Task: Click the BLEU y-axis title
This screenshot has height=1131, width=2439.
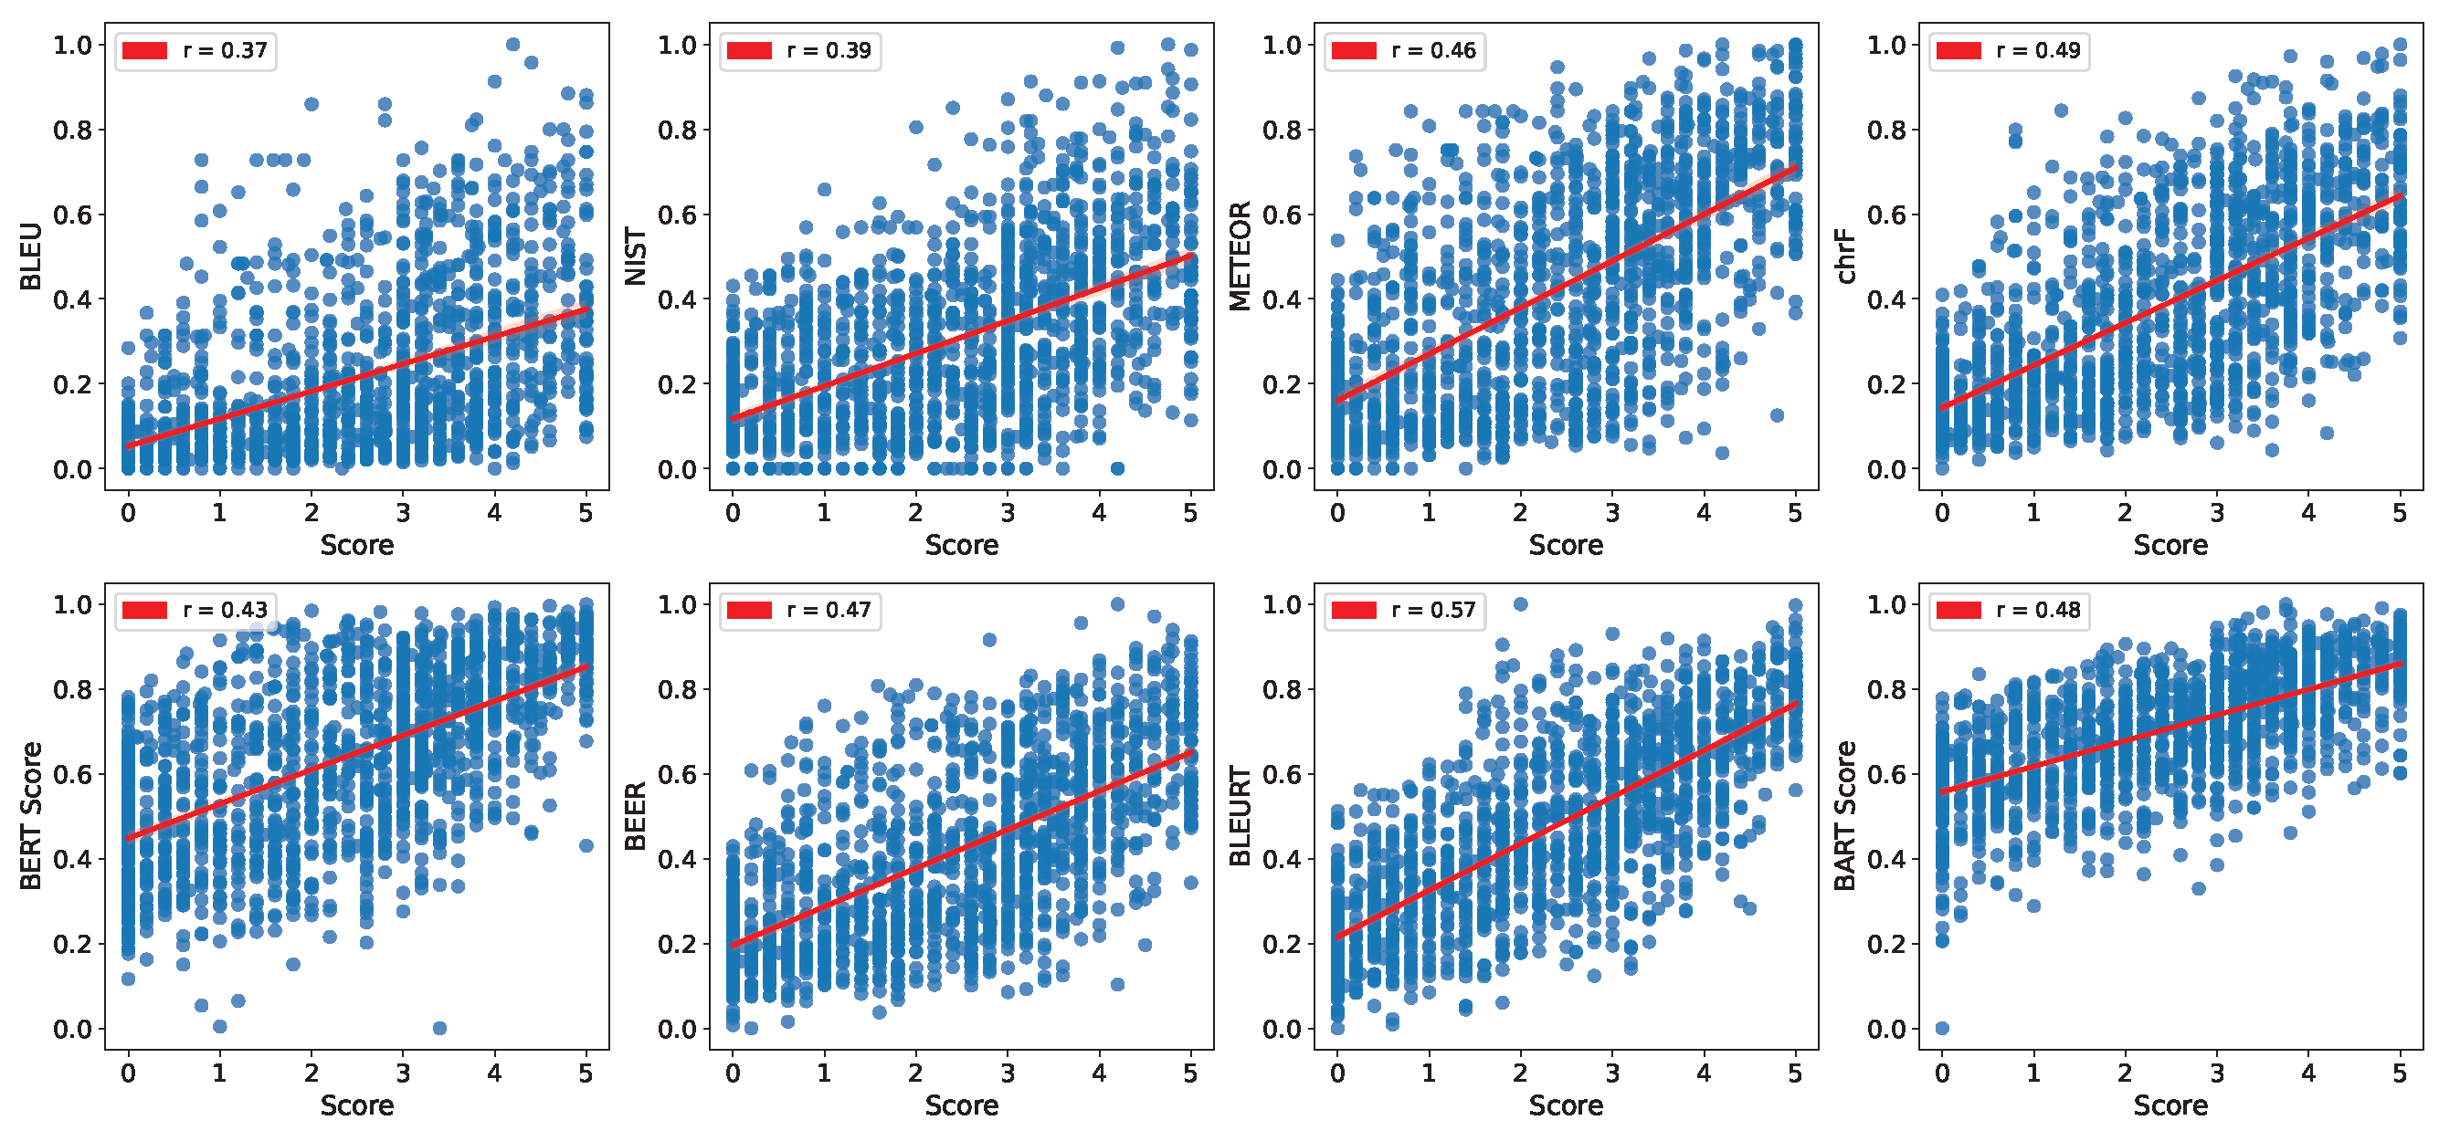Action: pyautogui.click(x=30, y=257)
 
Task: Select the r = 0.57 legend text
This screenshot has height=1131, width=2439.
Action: pyautogui.click(x=1433, y=611)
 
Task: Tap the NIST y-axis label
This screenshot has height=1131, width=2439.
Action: pyautogui.click(x=635, y=257)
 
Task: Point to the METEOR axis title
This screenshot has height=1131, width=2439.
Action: pyautogui.click(x=1241, y=257)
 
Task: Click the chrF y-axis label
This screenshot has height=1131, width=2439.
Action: pyautogui.click(x=1845, y=257)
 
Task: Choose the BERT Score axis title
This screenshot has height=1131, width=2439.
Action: pyautogui.click(x=30, y=816)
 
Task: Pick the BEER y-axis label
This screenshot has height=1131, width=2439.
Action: pyautogui.click(x=635, y=816)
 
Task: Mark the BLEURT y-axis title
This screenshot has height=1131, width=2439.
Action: pyautogui.click(x=1241, y=816)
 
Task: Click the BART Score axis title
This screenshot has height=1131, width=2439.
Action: pyautogui.click(x=1845, y=816)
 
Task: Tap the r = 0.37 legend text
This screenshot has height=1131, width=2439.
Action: pyautogui.click(x=225, y=50)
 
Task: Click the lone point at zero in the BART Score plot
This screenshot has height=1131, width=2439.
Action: pyautogui.click(x=1942, y=1028)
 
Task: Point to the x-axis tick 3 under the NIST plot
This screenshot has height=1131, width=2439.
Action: pyautogui.click(x=1008, y=513)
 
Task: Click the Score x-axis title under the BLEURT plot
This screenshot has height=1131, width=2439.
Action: pyautogui.click(x=1566, y=1105)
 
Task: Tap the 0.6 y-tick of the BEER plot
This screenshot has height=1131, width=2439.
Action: pyautogui.click(x=677, y=774)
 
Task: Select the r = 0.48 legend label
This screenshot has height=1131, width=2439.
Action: pyautogui.click(x=2039, y=611)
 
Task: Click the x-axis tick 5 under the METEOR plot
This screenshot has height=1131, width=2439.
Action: pyautogui.click(x=1795, y=513)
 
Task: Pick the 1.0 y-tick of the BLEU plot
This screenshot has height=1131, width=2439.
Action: pyautogui.click(x=72, y=45)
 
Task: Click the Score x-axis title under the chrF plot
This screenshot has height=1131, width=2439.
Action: pyautogui.click(x=2170, y=545)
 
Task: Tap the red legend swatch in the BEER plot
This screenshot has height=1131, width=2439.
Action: pyautogui.click(x=749, y=611)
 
